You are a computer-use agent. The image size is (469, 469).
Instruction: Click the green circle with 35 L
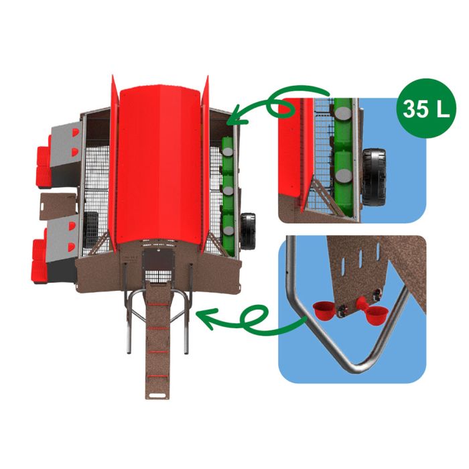(x=426, y=109)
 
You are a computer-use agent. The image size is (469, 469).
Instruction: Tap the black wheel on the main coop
(x=248, y=231)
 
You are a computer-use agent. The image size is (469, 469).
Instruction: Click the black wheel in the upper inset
(x=374, y=177)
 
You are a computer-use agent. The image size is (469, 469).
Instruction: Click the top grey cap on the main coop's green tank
(x=229, y=151)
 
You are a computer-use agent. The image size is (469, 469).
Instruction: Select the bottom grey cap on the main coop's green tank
(x=229, y=230)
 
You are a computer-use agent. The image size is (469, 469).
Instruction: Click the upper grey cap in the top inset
(x=343, y=113)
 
